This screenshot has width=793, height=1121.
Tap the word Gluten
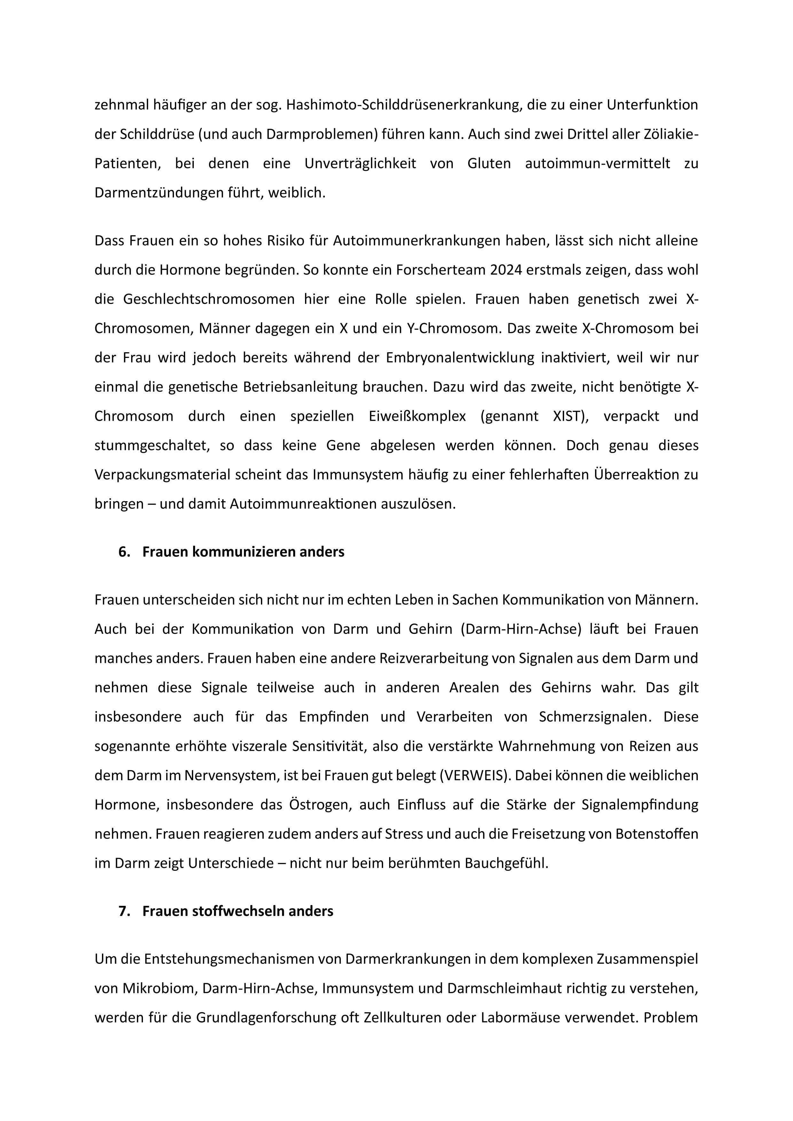(x=489, y=164)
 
